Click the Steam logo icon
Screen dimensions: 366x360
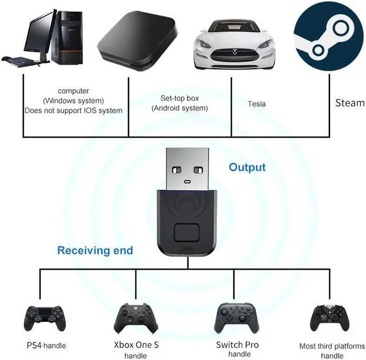coord(329,37)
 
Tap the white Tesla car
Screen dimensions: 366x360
coord(234,43)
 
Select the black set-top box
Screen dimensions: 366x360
coord(135,37)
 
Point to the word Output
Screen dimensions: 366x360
coord(247,167)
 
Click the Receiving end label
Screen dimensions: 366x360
coord(95,250)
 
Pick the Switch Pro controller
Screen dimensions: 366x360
coord(237,318)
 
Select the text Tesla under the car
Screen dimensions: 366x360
coord(257,104)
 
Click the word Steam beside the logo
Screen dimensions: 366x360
coord(349,103)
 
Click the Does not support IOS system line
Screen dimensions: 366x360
coord(74,110)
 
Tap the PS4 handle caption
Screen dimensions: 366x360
coord(46,346)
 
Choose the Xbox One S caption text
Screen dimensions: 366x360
coord(136,345)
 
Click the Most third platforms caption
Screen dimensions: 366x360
coord(332,346)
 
